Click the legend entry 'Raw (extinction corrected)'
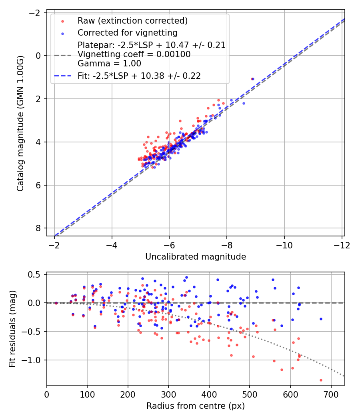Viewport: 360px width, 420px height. (132, 21)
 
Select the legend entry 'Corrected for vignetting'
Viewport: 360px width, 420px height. (127, 32)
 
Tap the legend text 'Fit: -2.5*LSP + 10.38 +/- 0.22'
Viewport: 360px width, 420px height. (139, 76)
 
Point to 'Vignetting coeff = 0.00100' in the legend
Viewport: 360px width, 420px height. (134, 54)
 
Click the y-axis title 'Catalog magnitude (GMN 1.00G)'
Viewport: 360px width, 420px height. (20, 123)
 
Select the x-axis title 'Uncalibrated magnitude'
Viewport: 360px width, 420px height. (195, 256)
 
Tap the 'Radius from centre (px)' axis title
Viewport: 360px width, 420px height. (195, 406)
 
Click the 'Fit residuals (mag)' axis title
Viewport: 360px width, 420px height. (12, 329)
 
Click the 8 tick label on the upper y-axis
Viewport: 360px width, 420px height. (38, 228)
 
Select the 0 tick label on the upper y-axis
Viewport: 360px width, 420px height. (38, 56)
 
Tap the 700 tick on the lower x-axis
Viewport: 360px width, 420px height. (331, 394)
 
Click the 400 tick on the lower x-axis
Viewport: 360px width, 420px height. (209, 394)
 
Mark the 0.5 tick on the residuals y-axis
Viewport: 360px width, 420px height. (36, 274)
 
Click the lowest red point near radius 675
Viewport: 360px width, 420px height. (321, 380)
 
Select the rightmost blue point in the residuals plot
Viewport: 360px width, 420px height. (321, 319)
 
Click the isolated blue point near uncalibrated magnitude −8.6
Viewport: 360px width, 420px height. (244, 103)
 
